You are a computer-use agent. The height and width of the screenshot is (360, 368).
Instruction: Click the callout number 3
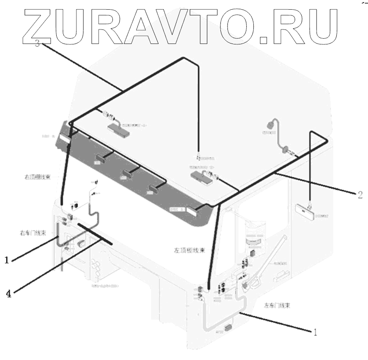38,43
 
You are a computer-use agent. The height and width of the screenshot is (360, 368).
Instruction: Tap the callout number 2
360,193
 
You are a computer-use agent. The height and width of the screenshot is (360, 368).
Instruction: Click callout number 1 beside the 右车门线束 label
7,260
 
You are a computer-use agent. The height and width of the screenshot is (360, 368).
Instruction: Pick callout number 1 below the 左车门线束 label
314,332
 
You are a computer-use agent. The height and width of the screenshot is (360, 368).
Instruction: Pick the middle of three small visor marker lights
128,174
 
